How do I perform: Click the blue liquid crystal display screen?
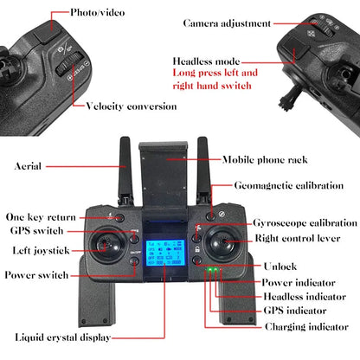coord(165,253)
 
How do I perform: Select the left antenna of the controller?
coord(126,170)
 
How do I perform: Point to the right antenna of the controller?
coord(204,170)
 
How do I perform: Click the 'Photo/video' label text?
coord(98,13)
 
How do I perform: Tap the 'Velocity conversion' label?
coord(132,106)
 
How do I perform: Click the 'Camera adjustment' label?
coord(227,23)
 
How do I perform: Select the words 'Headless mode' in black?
coord(206,61)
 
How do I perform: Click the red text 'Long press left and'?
coord(215,73)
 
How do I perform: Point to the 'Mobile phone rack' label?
coord(265,160)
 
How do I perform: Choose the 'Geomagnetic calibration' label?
coord(289,185)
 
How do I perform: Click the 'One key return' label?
coord(41,217)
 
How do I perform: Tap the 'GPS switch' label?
coord(36,231)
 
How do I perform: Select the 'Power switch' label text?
coord(36,275)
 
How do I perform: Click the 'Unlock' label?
coord(280,267)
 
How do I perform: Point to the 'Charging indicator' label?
coord(306,327)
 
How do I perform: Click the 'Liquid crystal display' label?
coord(63,337)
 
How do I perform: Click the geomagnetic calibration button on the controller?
coord(211,216)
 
